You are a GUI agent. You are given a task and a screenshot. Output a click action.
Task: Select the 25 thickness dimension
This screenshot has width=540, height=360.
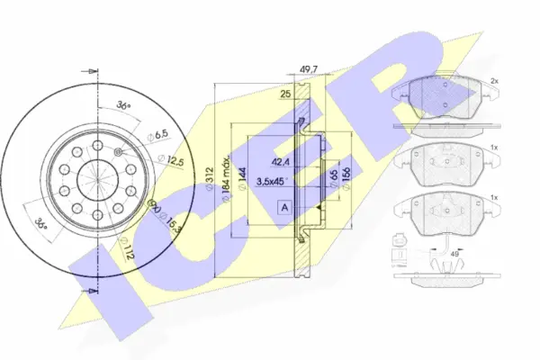[x=285, y=94]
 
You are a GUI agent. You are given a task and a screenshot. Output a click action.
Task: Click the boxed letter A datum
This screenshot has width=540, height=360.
[x=285, y=206]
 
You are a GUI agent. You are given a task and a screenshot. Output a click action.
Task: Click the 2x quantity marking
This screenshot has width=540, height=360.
[x=494, y=81]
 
